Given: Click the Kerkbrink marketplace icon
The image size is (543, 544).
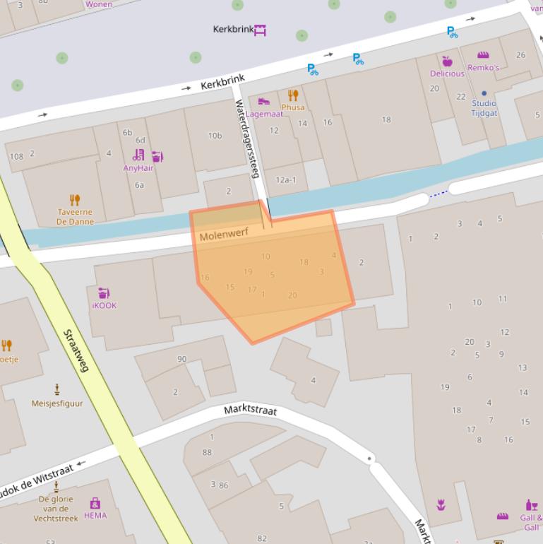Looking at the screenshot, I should tap(261, 30).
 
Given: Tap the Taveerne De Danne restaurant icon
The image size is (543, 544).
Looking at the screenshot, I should tap(75, 200).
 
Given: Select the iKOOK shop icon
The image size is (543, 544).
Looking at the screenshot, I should tap(104, 292).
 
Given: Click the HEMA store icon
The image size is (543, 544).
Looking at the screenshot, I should tap(95, 504).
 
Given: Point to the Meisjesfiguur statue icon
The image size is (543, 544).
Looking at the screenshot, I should tap(57, 389).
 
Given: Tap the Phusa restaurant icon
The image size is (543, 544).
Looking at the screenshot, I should tap(293, 95).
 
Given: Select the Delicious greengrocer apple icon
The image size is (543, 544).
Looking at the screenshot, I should tap(447, 61).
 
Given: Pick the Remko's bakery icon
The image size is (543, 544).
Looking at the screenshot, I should tap(483, 55).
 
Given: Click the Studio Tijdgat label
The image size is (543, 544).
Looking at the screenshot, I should tap(484, 108).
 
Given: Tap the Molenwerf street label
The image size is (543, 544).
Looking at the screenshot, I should tap(224, 235).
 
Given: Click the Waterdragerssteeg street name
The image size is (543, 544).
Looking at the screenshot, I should tap(247, 138).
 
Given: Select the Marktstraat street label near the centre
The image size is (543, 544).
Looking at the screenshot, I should tap(250, 410).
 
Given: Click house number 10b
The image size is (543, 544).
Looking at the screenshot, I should tap(215, 136).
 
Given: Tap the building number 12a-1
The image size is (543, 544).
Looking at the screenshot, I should tap(285, 180).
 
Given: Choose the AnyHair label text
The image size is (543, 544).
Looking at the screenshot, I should tap(138, 168).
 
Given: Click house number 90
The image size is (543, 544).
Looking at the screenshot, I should tap(181, 359).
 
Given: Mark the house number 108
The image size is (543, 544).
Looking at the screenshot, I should tap(16, 156).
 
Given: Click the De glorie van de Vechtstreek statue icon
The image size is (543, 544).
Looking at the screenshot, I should tap(56, 487).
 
